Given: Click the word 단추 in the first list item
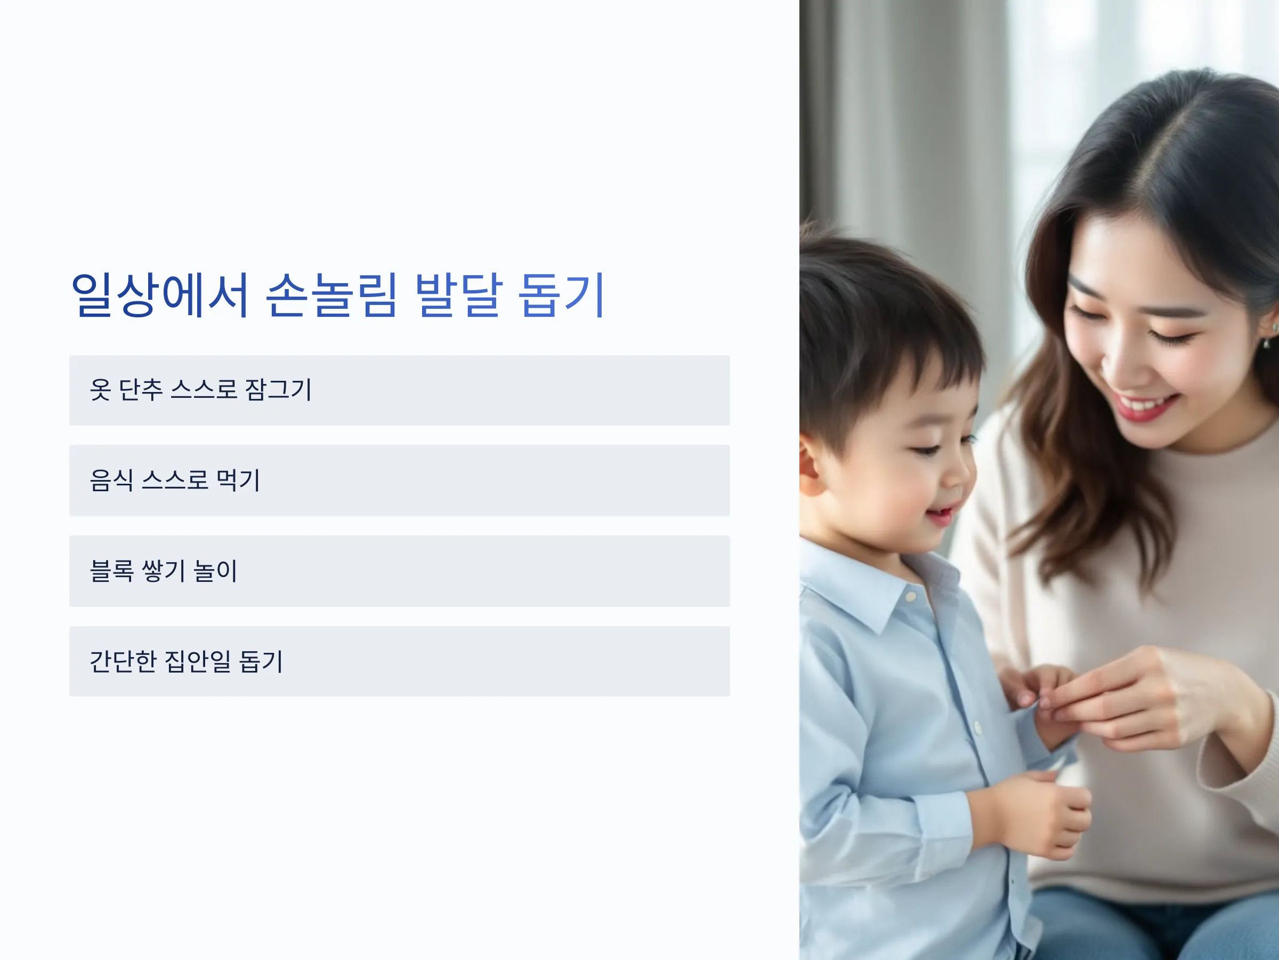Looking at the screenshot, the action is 141,389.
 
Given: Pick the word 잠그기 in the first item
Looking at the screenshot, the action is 278,389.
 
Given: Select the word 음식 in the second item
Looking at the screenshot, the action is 111,479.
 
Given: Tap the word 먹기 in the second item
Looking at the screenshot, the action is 238,479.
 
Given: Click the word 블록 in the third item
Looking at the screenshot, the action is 111,571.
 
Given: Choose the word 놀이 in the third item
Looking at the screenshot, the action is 215,571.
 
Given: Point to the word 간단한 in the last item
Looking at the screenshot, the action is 123,661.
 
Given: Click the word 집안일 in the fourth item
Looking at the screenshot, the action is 198,661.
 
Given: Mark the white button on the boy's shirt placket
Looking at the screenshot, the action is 978,728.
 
